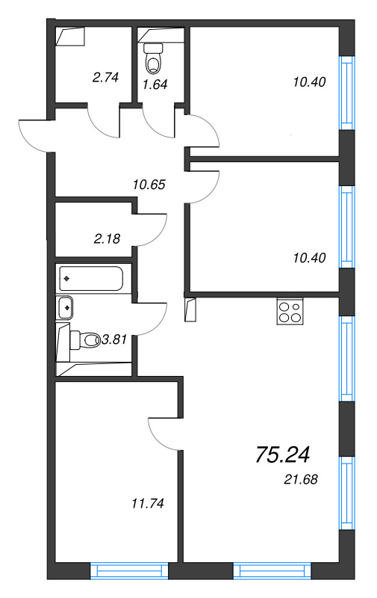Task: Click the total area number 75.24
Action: coord(282,454)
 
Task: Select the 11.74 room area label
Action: coord(142,503)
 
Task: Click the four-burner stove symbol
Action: coord(290,311)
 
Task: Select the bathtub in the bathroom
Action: coord(93,279)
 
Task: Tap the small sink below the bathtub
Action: coord(66,305)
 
